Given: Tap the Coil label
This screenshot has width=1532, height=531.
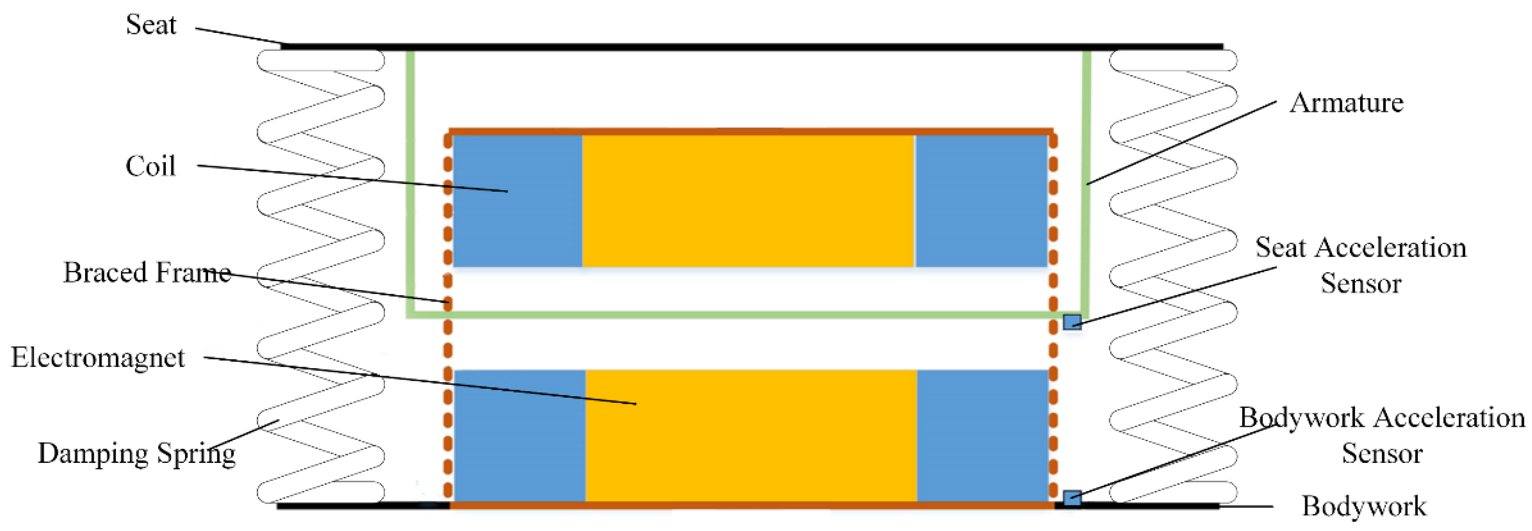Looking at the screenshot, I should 150,166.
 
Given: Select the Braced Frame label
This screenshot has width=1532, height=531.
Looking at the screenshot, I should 147,272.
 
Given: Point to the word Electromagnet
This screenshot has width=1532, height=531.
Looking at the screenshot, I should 98,357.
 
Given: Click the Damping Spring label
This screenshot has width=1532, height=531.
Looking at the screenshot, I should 137,453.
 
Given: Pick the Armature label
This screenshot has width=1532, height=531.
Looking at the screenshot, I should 1346,103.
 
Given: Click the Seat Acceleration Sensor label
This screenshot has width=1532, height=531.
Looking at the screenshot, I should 1361,265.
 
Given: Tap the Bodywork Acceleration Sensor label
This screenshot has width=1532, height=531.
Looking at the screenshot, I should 1382,435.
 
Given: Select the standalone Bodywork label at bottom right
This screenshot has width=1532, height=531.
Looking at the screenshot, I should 1364,506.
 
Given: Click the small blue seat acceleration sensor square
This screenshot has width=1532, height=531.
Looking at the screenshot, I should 1072,322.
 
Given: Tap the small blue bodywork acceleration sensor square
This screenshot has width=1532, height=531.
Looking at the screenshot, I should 1072,498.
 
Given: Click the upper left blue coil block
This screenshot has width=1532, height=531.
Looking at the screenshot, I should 517,201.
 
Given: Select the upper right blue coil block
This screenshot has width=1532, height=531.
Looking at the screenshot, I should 981,201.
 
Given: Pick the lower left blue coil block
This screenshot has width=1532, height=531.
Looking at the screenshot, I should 519,435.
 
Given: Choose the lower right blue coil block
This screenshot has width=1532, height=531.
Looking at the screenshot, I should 982,435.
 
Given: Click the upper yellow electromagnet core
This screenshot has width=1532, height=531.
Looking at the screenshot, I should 748,201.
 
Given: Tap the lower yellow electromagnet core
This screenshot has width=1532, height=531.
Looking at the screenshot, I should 751,435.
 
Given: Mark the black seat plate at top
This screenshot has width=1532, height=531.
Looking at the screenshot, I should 752,46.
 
